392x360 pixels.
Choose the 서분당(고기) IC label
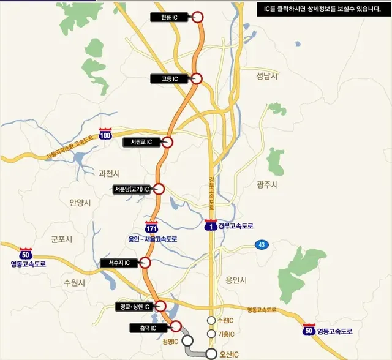point(132,189)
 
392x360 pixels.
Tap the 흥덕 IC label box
point(148,328)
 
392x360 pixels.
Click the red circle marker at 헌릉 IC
point(197,17)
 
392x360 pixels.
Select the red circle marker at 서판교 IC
point(167,142)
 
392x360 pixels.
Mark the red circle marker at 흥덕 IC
point(176,326)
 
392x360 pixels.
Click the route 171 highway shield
point(152,228)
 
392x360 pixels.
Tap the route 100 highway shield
point(105,135)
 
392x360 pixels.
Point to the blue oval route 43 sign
point(262,245)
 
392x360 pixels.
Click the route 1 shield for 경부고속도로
point(211,226)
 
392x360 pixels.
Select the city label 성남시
point(267,75)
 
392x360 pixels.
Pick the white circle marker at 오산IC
point(211,353)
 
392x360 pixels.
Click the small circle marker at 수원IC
point(211,321)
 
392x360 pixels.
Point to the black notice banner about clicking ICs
point(322,9)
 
